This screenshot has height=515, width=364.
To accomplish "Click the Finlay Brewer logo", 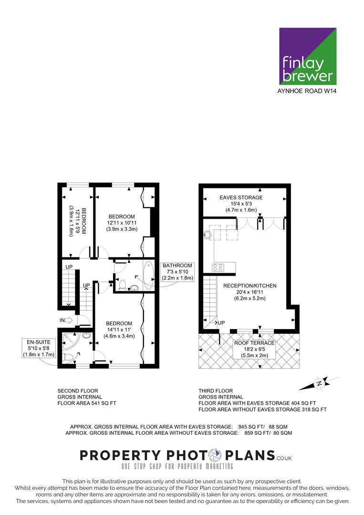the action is pos(308,56).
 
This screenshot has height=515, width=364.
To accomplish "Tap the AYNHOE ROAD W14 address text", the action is pos(307,91).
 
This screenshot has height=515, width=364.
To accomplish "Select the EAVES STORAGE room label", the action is pos(241,197).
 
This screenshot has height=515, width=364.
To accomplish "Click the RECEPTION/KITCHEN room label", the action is pos(250,286).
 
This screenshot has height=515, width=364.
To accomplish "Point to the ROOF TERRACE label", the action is pos(254,343).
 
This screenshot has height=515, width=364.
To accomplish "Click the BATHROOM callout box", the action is pos(177,272).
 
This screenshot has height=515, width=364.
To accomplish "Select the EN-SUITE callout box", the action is pos(39,348).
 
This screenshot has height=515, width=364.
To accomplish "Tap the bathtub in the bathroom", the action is pos(148,275).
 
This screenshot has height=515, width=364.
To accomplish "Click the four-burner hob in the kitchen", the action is pos(218,268).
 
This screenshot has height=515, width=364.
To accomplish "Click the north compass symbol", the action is pos(319,383).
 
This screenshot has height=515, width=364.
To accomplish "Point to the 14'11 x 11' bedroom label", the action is pos(119,330).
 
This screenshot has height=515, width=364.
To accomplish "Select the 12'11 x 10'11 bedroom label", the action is pos(122,223).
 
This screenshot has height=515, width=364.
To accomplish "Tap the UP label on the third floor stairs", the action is pos(221,323).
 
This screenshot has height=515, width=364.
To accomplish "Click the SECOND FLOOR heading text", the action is pos(78,391).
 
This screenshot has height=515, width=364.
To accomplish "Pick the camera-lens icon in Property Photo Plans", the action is pos(216,455).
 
